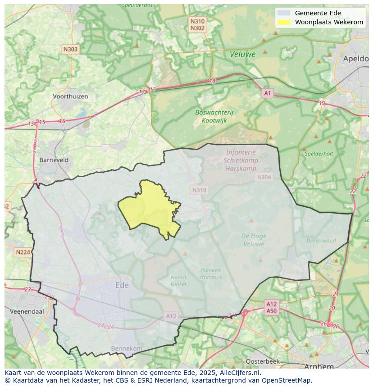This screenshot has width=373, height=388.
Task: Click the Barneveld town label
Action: pyautogui.click(x=54, y=160)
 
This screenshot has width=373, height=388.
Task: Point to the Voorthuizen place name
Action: pyautogui.click(x=70, y=96)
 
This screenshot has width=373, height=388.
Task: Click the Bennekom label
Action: pyautogui.click(x=127, y=348)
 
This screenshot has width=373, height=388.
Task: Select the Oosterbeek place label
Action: pyautogui.click(x=263, y=361)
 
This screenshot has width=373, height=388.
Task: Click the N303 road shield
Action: pyautogui.click(x=70, y=50)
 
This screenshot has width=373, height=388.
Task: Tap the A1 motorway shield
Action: pyautogui.click(x=268, y=93)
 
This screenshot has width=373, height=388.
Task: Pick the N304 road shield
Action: pyautogui.click(x=264, y=177)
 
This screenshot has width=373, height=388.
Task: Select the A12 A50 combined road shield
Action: pyautogui.click(x=271, y=307)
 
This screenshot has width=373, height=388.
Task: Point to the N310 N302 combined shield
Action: pyautogui.click(x=197, y=25)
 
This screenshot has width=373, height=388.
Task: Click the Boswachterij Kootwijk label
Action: pyautogui.click(x=214, y=116)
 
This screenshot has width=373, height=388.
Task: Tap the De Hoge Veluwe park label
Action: pyautogui.click(x=254, y=240)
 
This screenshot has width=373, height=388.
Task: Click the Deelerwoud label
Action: pyautogui.click(x=321, y=241)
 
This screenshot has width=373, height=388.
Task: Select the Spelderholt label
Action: pyautogui.click(x=319, y=154)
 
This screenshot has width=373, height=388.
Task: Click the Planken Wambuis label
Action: pyautogui.click(x=210, y=274)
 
